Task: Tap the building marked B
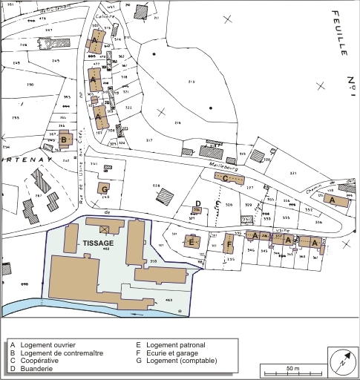tap(65, 139)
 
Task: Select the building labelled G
tap(104, 188)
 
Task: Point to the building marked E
tap(192, 243)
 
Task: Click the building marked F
tap(229, 244)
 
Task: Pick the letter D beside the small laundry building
tap(198, 203)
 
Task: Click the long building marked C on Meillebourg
tap(224, 178)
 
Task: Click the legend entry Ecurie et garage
tap(170, 353)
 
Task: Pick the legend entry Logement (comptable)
tap(177, 361)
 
